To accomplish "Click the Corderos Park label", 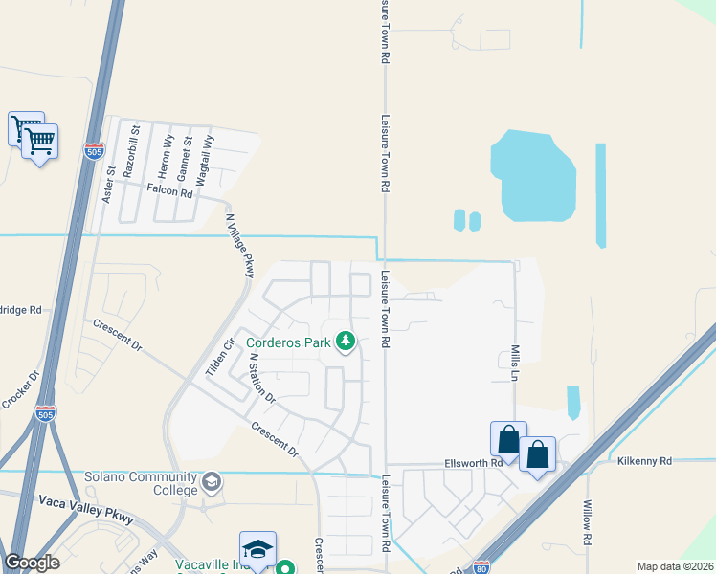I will coord(288,342).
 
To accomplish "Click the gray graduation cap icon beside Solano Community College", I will coord(211,482).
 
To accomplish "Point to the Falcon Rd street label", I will coord(170,191).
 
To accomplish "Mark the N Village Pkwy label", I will coord(239,246).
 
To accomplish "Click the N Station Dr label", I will coord(261,378).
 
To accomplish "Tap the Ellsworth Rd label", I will coord(474,463).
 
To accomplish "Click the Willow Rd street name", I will coord(587,517).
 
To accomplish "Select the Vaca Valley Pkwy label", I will coord(86,508).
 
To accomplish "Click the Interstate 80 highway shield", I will coord(481,567).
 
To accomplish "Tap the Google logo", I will coord(32,563).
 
